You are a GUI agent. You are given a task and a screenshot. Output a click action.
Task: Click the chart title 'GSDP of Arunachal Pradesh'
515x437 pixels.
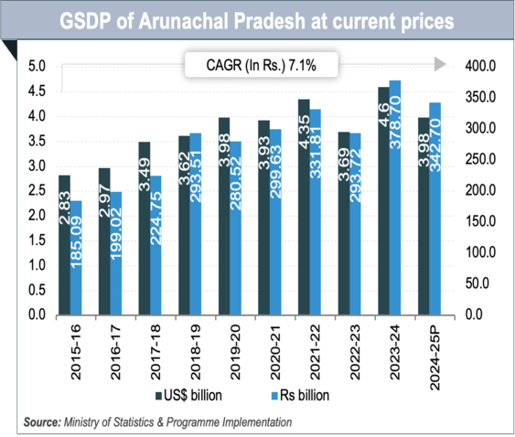257,20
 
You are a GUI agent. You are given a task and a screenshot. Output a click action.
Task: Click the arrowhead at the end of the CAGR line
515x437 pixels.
440,65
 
